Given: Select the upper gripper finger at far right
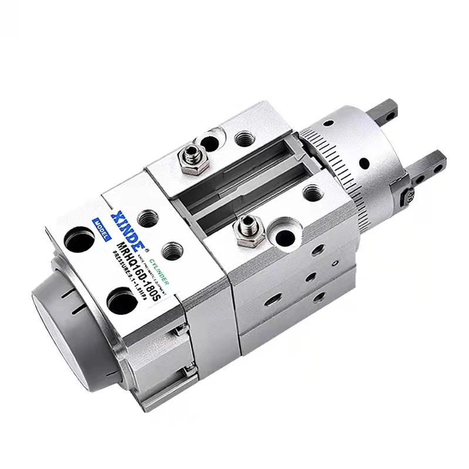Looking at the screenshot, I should (x=387, y=114).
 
